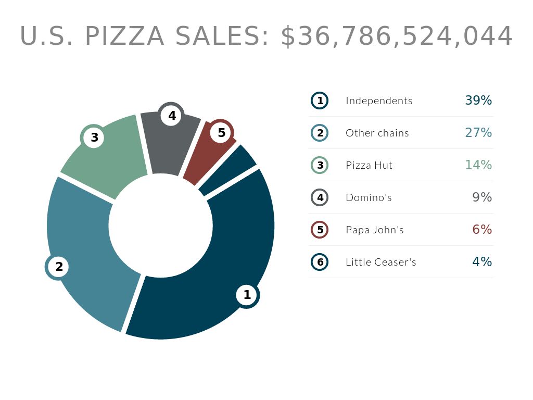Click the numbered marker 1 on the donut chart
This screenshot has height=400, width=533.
[247, 295]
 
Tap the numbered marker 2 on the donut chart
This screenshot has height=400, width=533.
[59, 267]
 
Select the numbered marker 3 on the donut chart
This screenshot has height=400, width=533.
[94, 137]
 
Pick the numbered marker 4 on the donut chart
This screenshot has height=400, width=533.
[172, 116]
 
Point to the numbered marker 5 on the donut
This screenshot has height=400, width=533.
[222, 133]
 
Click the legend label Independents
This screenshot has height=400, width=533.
[379, 101]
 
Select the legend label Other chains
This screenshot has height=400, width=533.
[377, 133]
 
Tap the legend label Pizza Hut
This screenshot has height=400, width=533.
[369, 165]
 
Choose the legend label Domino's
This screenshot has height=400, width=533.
[369, 197]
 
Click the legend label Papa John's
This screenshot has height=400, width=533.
[375, 230]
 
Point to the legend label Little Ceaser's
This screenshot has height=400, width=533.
[381, 262]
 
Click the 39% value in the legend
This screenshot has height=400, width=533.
[478, 101]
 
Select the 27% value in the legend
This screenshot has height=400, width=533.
[478, 133]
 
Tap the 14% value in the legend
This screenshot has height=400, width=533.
[478, 165]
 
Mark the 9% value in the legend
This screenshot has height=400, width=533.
[482, 197]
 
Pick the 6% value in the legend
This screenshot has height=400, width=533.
[482, 230]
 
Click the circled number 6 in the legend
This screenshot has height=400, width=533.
[320, 262]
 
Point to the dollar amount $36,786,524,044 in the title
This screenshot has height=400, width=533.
[397, 36]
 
